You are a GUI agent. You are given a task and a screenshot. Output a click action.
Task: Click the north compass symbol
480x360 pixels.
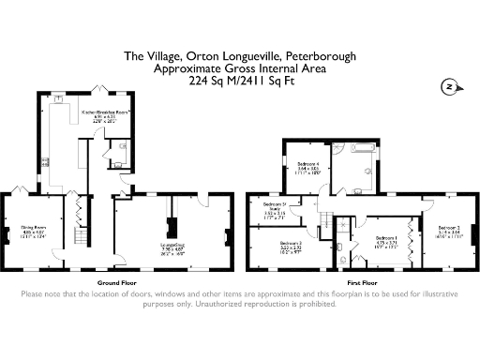[x=449, y=86]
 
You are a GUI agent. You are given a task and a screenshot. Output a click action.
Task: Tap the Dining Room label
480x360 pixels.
[x=34, y=229]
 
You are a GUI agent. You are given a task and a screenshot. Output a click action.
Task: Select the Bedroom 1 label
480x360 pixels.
[x=386, y=240]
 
